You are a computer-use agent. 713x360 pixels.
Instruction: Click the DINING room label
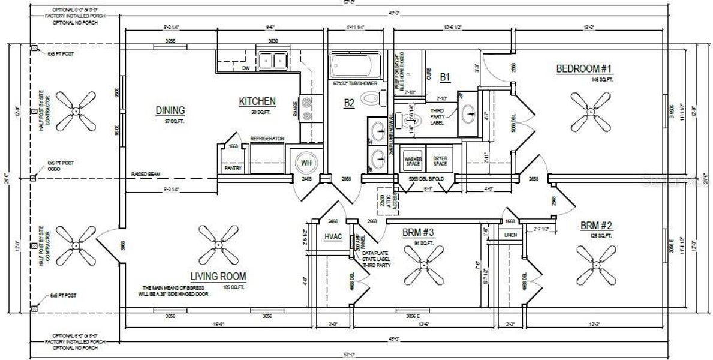[170, 110]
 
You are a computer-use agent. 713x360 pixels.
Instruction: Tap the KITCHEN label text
[257, 101]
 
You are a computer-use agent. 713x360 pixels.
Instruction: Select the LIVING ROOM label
[218, 277]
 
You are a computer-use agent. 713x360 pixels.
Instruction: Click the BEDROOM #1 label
[584, 70]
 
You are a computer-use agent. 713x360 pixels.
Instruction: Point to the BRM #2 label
[595, 226]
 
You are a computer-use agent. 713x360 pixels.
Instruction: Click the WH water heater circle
[306, 163]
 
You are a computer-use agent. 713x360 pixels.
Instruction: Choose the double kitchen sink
[272, 61]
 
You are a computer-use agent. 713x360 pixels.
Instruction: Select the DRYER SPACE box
[440, 160]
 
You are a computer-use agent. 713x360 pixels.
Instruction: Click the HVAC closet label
[333, 237]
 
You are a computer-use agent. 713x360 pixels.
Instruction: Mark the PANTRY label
[233, 169]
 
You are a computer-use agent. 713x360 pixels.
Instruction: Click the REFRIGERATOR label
[267, 139]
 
